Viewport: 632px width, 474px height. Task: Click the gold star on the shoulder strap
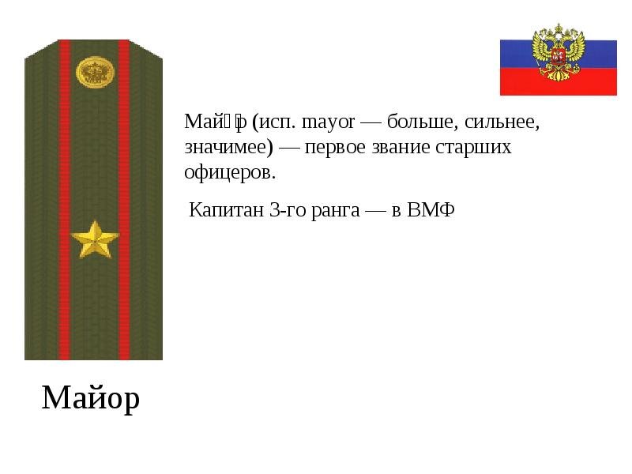pos(94,239)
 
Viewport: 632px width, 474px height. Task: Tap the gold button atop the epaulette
pos(95,73)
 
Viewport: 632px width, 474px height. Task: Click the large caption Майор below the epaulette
pos(91,397)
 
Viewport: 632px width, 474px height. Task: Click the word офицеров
pos(230,172)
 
